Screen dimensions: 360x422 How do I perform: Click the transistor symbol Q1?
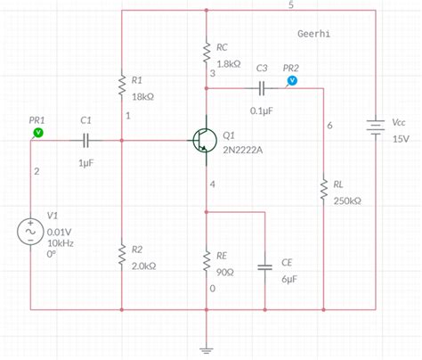coord(202,139)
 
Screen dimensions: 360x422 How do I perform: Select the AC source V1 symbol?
coord(31,232)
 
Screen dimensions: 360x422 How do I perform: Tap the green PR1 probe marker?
coord(37,132)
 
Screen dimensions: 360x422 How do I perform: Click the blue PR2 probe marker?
coord(292,80)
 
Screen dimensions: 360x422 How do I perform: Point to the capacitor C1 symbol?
coord(85,140)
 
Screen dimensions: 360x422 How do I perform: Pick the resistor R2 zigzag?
coord(121,257)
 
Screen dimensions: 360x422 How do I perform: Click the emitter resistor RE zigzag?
coord(207,259)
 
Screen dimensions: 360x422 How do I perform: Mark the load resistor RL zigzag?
coord(325,190)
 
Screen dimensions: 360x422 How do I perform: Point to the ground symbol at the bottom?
coord(207,348)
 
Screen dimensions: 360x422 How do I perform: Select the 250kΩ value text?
coord(348,201)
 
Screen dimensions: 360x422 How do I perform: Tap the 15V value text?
coord(401,140)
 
